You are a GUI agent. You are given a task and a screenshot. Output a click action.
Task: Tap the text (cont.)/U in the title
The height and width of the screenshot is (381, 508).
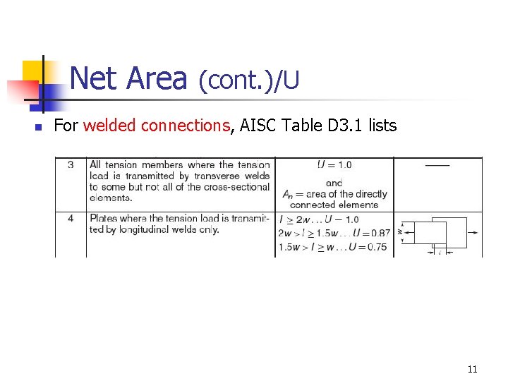(248, 81)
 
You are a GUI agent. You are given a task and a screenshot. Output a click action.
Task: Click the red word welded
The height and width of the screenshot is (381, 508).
(110, 126)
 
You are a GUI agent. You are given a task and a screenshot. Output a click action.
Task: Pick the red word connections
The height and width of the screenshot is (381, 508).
(186, 126)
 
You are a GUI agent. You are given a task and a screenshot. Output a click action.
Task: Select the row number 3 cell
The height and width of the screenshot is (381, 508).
(71, 165)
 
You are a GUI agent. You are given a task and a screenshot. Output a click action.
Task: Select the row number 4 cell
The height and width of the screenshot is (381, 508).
(71, 219)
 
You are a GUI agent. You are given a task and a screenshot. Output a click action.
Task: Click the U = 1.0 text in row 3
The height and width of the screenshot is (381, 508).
(334, 165)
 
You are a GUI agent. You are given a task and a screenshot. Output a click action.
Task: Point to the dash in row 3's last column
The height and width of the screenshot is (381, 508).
(437, 165)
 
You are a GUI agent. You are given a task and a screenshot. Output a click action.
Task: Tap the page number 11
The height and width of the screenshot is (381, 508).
(472, 369)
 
